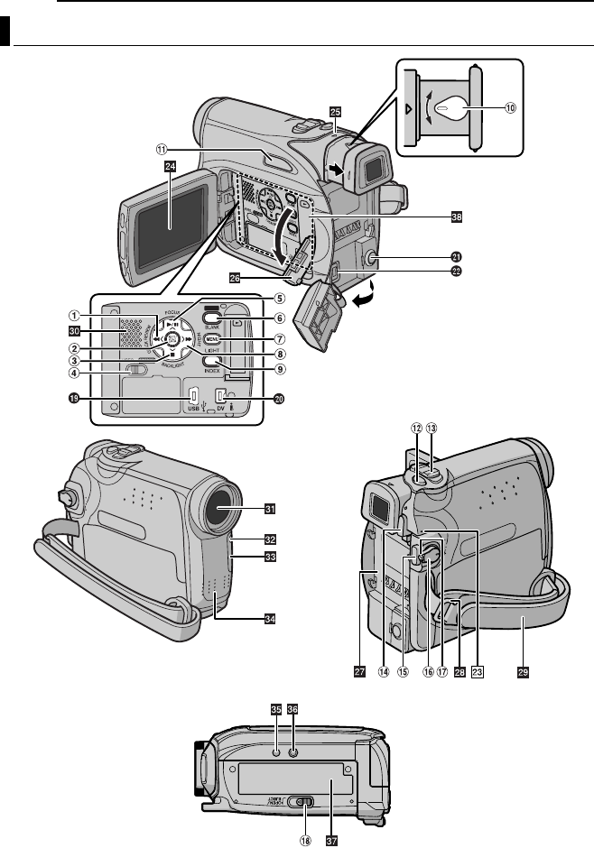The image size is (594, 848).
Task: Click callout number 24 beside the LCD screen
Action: (x=170, y=166)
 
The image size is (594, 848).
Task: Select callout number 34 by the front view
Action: (x=269, y=619)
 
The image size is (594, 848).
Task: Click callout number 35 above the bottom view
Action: (x=275, y=709)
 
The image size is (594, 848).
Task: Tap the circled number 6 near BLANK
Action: (x=281, y=318)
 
